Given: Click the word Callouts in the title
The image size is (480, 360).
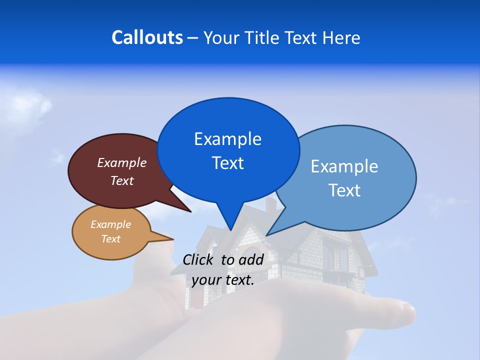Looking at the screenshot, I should (147, 37).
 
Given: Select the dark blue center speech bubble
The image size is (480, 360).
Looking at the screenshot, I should (228, 150).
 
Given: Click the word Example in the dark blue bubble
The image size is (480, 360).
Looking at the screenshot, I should (228, 139).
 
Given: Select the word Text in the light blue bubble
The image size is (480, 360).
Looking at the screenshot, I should (344, 190).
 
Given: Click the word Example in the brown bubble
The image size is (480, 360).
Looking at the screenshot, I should (122, 163).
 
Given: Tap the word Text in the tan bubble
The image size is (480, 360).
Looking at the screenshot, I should (111, 239).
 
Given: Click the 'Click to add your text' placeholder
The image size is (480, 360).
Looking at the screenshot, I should (223, 270).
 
